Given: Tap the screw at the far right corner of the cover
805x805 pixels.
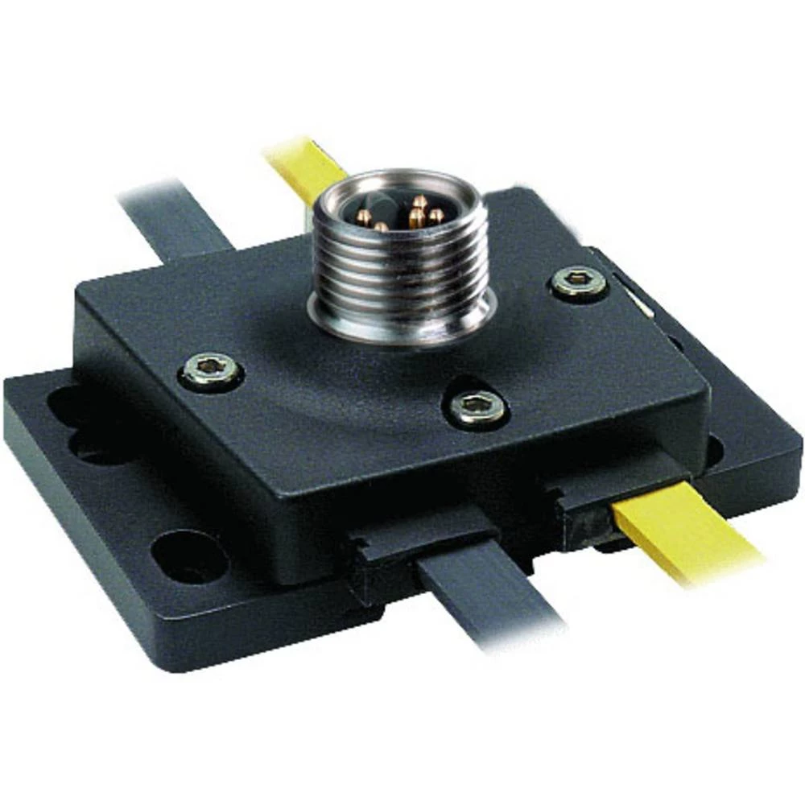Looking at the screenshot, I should point(579,282).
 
